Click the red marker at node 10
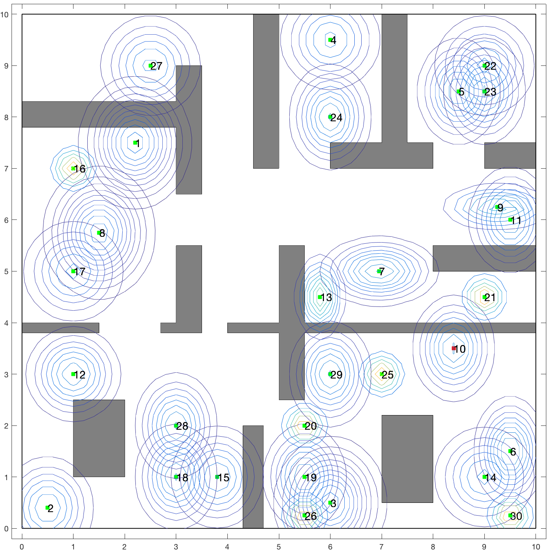(x=453, y=348)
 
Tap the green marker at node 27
(x=150, y=66)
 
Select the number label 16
(x=80, y=169)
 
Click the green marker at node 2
(x=47, y=507)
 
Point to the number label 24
(x=336, y=117)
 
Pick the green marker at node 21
(x=484, y=297)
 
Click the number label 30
(x=516, y=516)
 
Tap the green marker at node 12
(x=73, y=374)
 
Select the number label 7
(x=382, y=271)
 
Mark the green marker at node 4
(x=330, y=40)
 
